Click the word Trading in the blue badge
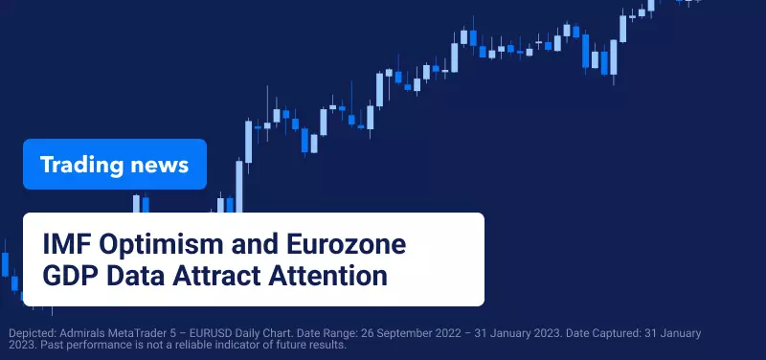point(81,165)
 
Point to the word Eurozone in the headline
point(346,244)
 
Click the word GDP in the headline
point(71,276)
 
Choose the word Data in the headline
point(135,276)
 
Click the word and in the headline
point(255,244)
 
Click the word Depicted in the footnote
point(33,334)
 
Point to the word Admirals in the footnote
point(79,333)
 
